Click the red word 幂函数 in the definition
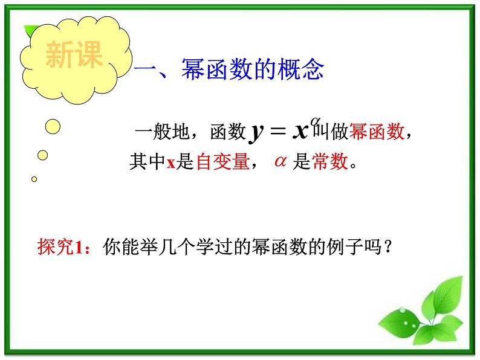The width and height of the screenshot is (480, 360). click(x=378, y=132)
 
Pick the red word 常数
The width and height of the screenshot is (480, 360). click(x=330, y=161)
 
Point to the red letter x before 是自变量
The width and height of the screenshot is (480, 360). click(x=170, y=162)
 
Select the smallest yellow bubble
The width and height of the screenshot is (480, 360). click(x=34, y=179)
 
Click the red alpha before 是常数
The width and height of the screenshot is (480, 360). click(x=279, y=161)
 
